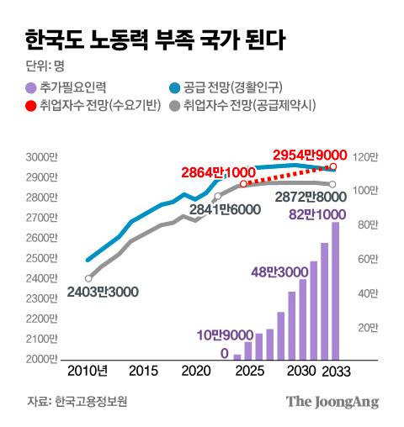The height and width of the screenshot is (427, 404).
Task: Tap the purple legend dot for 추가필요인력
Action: pos(31,87)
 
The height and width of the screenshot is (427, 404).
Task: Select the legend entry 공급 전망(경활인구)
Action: pos(229,87)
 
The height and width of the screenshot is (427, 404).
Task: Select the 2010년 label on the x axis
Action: pos(87,372)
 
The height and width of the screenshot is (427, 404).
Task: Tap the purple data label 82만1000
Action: pos(312,214)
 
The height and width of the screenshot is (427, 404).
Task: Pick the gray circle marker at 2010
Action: pos(88,278)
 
